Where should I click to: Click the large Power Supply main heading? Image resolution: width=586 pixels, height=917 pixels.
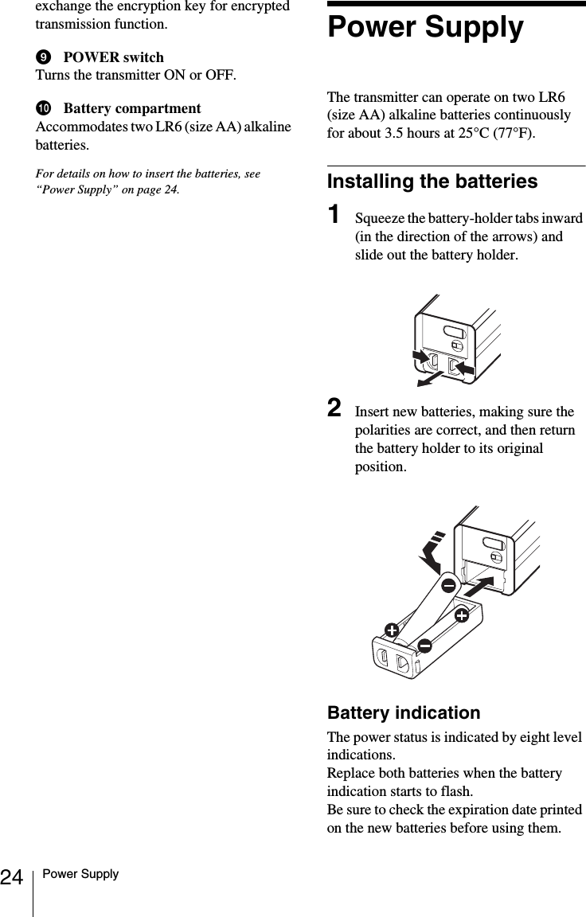[425, 28]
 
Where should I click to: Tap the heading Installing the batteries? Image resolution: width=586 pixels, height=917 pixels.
[432, 181]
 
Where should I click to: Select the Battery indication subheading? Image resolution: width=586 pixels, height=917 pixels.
[404, 712]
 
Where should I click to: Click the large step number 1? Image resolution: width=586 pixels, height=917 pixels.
[337, 216]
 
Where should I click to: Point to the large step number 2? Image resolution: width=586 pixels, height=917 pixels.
[338, 409]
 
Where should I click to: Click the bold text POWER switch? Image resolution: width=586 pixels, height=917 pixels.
[113, 57]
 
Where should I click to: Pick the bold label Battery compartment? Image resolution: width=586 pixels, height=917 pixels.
[131, 108]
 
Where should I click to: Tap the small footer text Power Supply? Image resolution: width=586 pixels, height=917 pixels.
[81, 874]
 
